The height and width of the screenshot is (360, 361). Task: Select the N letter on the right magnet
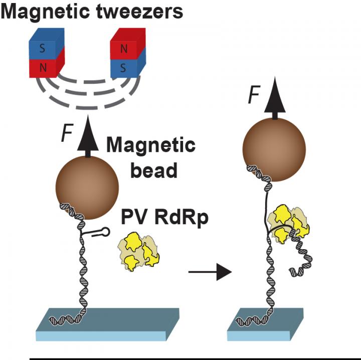[124, 50]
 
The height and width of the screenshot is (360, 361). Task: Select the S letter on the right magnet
[124, 67]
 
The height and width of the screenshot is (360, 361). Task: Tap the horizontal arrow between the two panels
[209, 272]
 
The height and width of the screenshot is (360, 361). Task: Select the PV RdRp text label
[164, 219]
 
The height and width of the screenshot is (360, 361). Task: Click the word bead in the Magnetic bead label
[154, 170]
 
